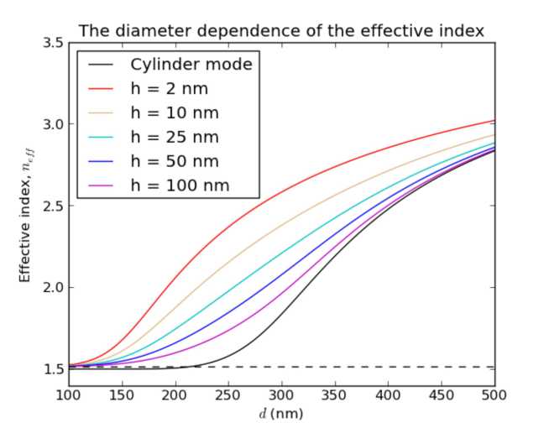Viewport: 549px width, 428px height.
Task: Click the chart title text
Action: pyautogui.click(x=281, y=31)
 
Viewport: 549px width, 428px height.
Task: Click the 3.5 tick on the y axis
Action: pyautogui.click(x=54, y=43)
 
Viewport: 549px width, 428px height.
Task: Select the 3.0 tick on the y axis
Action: pyautogui.click(x=54, y=124)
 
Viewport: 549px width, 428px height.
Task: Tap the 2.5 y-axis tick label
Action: pyautogui.click(x=54, y=206)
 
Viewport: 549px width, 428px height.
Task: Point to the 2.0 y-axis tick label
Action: pyautogui.click(x=54, y=288)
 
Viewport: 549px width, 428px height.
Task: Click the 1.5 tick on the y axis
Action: pyautogui.click(x=54, y=369)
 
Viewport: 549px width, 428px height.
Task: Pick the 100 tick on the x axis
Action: pyautogui.click(x=69, y=394)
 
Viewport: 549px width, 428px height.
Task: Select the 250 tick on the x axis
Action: pyautogui.click(x=228, y=394)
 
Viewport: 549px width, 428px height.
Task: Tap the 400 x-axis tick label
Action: pyautogui.click(x=388, y=394)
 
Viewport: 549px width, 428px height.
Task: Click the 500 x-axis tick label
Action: pyautogui.click(x=494, y=394)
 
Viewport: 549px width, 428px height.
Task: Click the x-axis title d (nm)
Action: pyautogui.click(x=281, y=413)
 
